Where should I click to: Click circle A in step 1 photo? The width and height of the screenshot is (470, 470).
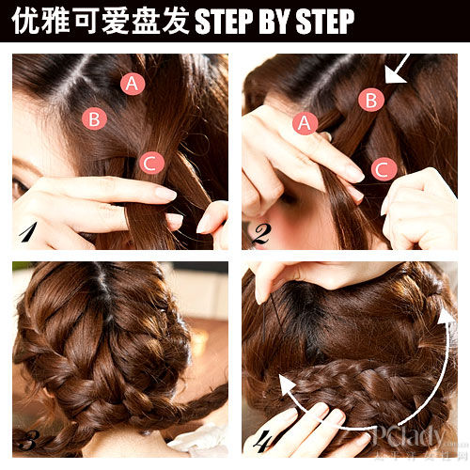click(133, 83)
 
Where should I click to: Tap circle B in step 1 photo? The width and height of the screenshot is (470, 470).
click(93, 118)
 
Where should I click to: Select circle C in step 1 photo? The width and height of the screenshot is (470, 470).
click(151, 163)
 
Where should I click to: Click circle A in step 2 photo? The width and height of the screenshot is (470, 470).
click(305, 122)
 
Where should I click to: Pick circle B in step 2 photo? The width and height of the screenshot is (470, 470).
click(371, 99)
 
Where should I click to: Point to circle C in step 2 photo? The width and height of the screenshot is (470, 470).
click(383, 169)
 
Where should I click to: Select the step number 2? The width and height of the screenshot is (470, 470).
click(259, 232)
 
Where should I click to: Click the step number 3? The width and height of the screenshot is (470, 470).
click(27, 439)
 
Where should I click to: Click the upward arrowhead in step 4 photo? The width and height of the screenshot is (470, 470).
click(445, 316)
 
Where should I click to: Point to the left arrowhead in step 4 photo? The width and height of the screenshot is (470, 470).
click(284, 384)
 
